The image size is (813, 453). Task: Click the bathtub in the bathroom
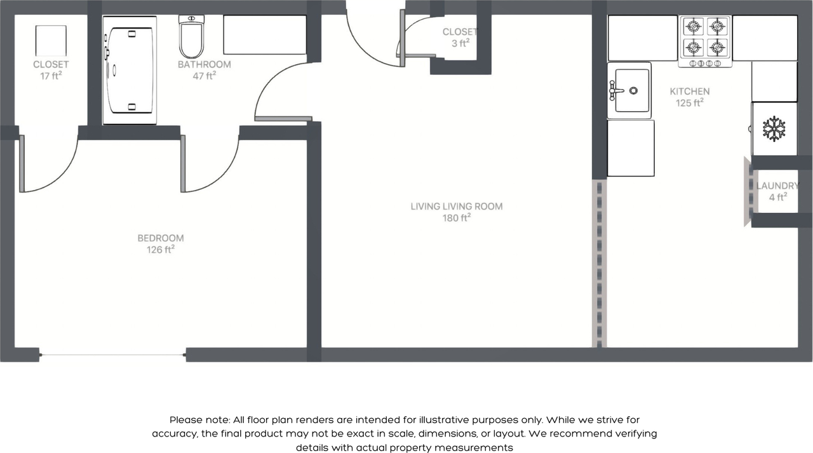[130, 70]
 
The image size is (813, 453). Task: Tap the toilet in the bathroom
[191, 37]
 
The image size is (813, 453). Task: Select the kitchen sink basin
[632, 90]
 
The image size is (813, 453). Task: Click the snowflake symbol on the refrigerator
[774, 128]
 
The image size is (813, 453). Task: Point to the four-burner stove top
[705, 41]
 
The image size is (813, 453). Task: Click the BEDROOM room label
[161, 238]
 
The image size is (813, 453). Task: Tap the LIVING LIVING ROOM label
[457, 206]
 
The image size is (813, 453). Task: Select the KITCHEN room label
[690, 91]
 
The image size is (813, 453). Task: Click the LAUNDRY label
[777, 186]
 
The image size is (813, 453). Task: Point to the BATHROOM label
[205, 64]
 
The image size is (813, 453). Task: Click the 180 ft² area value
[457, 217]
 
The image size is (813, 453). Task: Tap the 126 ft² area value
[161, 249]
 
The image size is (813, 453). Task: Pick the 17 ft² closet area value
[51, 76]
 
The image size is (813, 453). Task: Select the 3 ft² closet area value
[460, 43]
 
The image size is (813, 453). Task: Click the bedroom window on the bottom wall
[112, 355]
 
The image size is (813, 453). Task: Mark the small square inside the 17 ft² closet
[51, 41]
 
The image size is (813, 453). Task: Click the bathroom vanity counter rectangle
[265, 35]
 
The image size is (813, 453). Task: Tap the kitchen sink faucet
[616, 90]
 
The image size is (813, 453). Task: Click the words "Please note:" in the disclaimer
[199, 420]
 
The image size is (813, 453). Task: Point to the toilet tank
[191, 19]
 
